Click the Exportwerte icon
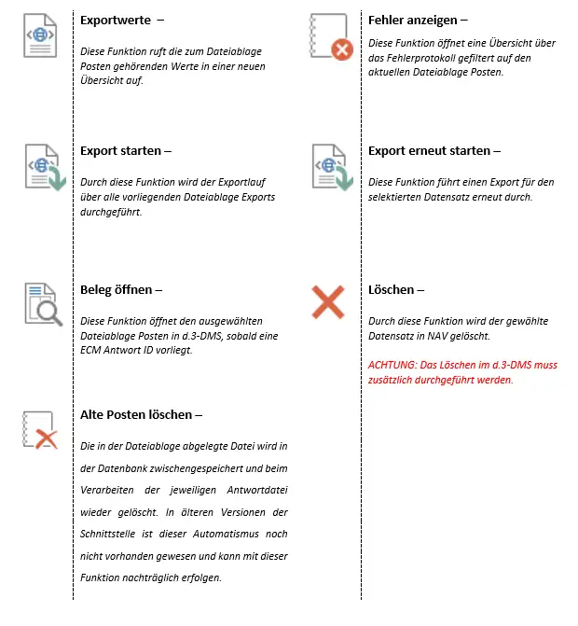(40, 38)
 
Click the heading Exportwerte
(117, 20)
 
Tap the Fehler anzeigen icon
(330, 37)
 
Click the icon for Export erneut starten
(330, 169)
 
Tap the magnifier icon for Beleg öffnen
(43, 304)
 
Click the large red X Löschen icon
(328, 302)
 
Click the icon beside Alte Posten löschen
(40, 432)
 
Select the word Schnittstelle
(117, 531)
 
